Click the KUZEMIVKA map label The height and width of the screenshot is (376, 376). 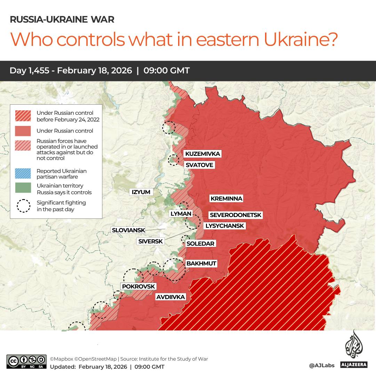[x=202, y=154]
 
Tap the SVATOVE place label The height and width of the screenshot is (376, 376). [x=199, y=165]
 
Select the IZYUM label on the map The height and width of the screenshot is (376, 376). [x=141, y=192]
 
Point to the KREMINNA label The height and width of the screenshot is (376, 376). [x=226, y=199]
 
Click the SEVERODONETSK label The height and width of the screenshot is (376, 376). [x=235, y=215]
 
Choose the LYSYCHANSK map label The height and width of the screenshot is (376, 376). [x=225, y=226]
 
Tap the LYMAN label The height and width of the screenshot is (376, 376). [x=181, y=214]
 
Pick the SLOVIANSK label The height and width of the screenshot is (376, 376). [x=128, y=230]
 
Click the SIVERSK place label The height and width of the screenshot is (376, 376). [x=151, y=241]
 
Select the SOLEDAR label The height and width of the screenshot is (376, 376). [x=200, y=243]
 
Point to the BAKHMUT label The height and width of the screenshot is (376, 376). [x=201, y=263]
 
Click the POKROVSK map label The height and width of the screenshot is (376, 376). [x=138, y=286]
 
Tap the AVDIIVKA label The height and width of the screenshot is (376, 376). [x=170, y=297]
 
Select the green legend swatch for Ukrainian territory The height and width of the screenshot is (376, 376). [x=23, y=188]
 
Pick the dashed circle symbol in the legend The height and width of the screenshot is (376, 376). [x=23, y=206]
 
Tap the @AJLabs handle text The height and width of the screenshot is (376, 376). [x=322, y=365]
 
